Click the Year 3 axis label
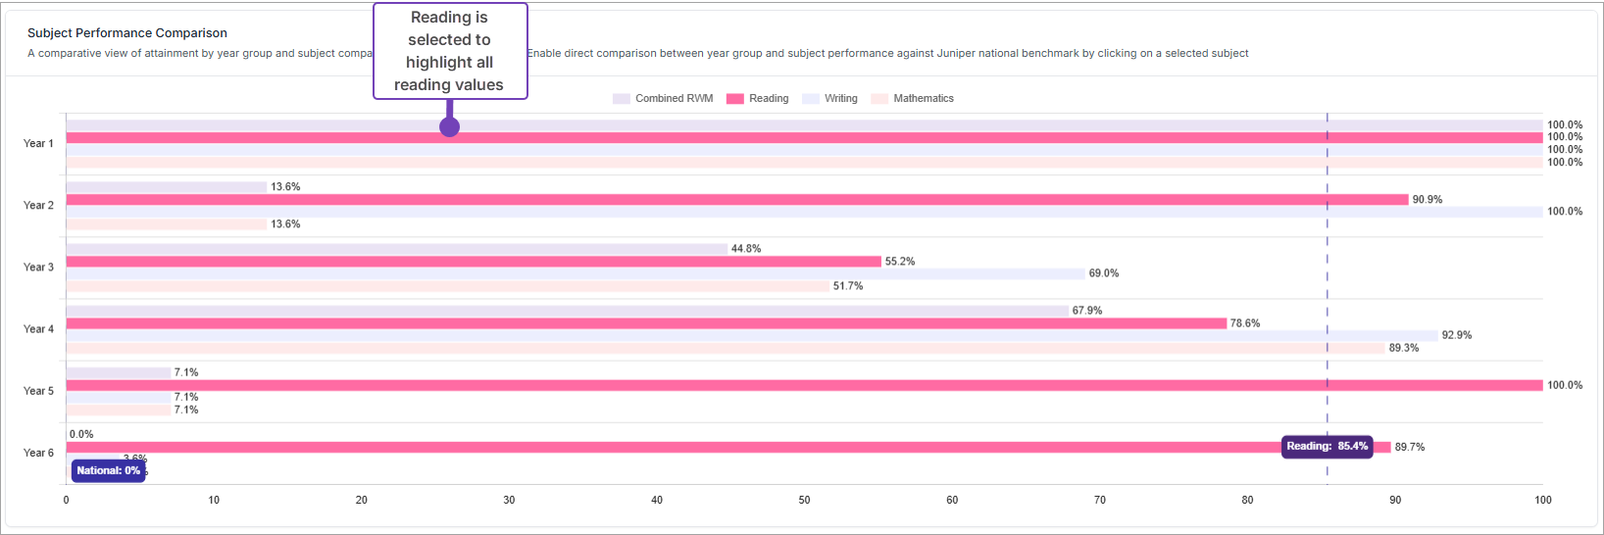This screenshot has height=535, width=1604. point(38,267)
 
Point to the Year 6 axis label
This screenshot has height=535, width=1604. point(38,453)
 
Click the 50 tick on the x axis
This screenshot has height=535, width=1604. point(804,500)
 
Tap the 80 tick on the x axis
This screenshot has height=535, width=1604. point(1247,500)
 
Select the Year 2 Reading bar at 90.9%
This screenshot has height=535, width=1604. point(735,200)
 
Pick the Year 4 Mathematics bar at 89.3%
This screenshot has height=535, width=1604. point(726,348)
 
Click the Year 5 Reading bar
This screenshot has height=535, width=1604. point(804,385)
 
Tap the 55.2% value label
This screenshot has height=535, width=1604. point(900,262)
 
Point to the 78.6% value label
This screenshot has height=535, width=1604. point(1245,323)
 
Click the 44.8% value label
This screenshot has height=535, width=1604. point(746,249)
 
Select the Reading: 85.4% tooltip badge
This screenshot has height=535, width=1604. point(1327,447)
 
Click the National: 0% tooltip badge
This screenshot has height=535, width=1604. point(109,471)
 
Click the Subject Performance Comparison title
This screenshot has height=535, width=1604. point(127,33)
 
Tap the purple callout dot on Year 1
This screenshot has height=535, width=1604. point(449,126)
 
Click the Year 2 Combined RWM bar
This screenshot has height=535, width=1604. point(167,187)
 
